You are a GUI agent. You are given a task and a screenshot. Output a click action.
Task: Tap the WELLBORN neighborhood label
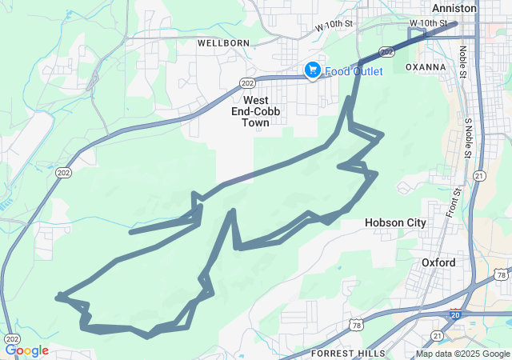(x=223, y=42)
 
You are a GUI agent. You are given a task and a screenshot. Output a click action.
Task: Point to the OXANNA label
(x=426, y=67)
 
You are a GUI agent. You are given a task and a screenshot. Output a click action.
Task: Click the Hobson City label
(x=395, y=222)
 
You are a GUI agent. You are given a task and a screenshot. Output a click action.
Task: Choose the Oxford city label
(x=438, y=262)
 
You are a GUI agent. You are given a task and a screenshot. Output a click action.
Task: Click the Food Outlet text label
(x=353, y=71)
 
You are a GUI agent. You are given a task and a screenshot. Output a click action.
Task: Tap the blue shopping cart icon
(x=312, y=71)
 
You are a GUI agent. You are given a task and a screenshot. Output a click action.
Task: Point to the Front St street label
(x=454, y=202)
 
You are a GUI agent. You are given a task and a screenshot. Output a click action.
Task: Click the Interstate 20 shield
(x=454, y=316)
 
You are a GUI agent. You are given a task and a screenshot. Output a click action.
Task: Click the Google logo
(x=27, y=350)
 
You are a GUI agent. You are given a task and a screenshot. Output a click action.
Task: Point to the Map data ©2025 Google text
(x=462, y=354)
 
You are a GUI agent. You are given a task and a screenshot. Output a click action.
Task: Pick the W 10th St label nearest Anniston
(x=428, y=23)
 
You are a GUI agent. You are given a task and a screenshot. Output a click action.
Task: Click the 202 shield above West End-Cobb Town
(x=247, y=82)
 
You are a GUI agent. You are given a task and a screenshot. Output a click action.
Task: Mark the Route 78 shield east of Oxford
(x=501, y=275)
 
